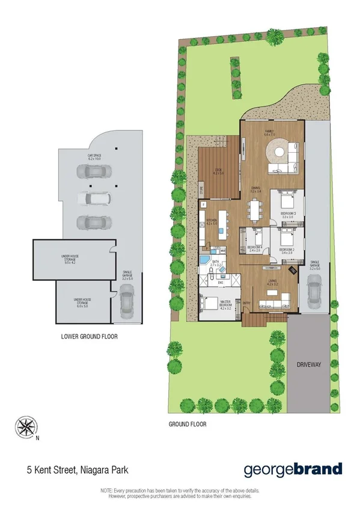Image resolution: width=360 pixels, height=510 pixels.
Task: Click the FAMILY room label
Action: click(270, 132)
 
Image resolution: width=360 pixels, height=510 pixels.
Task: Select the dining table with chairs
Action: click(255, 210)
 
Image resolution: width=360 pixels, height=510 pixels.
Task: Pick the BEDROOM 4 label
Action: click(254, 248)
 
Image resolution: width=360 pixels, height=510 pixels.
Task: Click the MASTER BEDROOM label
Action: click(226, 306)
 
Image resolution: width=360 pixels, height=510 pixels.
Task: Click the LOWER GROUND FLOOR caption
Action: click(90, 337)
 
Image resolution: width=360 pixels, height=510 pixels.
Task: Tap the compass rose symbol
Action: click(26, 428)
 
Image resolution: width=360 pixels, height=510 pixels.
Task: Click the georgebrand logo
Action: click(293, 469)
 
